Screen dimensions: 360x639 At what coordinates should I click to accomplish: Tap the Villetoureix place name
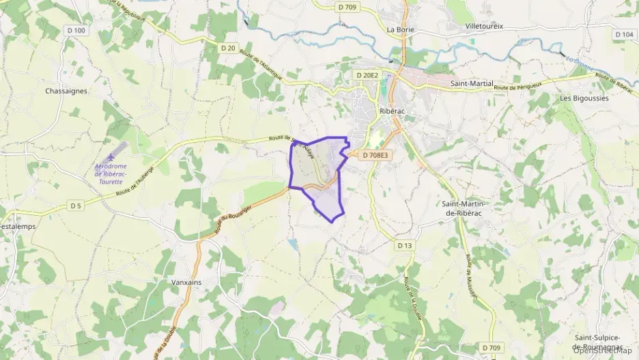click(x=484, y=27)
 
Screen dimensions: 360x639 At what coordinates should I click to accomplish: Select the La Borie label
click(x=401, y=29)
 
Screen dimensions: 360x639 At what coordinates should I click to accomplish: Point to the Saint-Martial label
click(x=472, y=83)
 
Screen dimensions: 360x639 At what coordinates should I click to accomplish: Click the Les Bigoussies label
click(x=584, y=98)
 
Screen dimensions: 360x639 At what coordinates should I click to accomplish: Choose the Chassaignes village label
click(x=66, y=91)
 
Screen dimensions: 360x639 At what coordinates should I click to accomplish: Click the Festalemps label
click(x=18, y=226)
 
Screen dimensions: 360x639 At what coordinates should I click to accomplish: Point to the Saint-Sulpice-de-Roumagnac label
click(x=597, y=342)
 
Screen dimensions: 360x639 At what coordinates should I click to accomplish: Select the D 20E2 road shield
click(x=367, y=74)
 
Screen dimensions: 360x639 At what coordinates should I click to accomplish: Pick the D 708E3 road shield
click(x=375, y=156)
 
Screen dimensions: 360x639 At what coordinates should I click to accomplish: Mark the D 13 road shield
click(x=405, y=245)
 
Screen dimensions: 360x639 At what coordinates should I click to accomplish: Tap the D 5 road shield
click(x=76, y=206)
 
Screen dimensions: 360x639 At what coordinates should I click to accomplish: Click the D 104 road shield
click(x=623, y=35)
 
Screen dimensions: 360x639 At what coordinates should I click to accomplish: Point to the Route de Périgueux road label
click(x=522, y=87)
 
